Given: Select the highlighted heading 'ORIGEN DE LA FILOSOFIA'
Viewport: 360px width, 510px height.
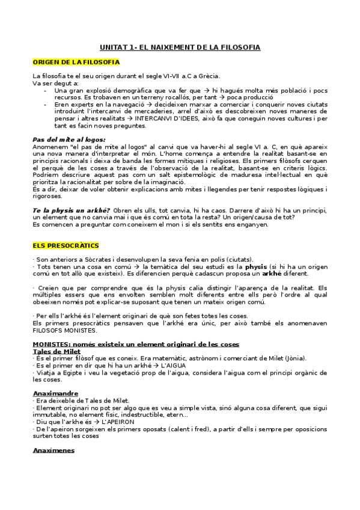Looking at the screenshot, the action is click(76, 62).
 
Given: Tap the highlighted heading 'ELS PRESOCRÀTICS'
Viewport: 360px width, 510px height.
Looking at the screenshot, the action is click(66, 246).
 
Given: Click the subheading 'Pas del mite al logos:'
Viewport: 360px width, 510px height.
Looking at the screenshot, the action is click(61, 139).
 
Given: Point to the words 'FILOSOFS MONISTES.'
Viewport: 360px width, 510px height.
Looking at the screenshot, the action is click(64, 331).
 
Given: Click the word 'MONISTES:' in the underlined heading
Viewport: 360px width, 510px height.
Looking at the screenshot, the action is click(52, 343).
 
